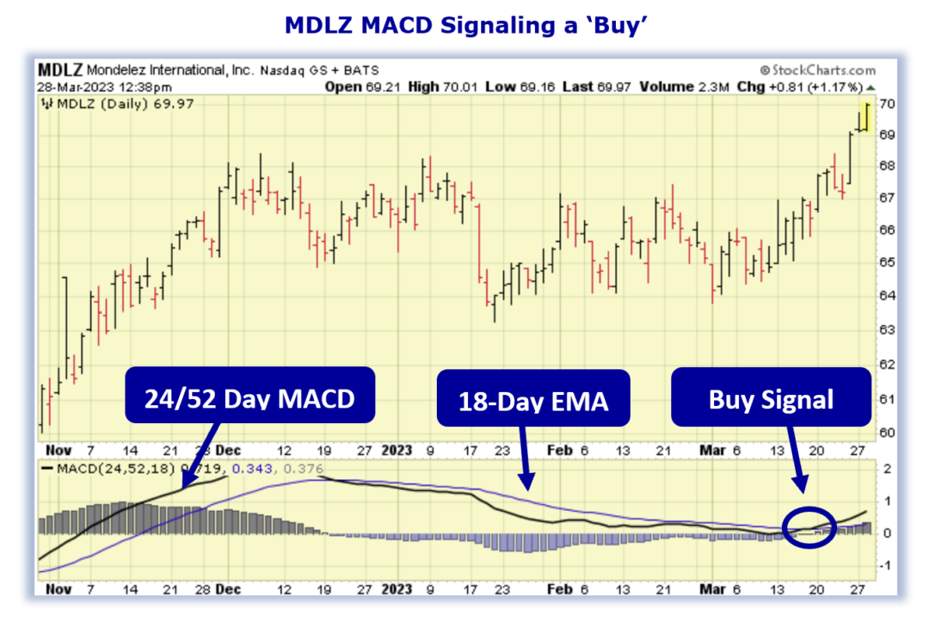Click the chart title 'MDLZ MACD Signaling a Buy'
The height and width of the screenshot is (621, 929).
pos(464,27)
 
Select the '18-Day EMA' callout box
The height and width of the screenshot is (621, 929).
pos(533,398)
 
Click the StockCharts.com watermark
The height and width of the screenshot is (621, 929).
pos(817,70)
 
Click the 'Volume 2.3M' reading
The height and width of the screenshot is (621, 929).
pos(670,87)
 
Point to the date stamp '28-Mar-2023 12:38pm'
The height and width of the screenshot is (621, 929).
pos(104,87)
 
